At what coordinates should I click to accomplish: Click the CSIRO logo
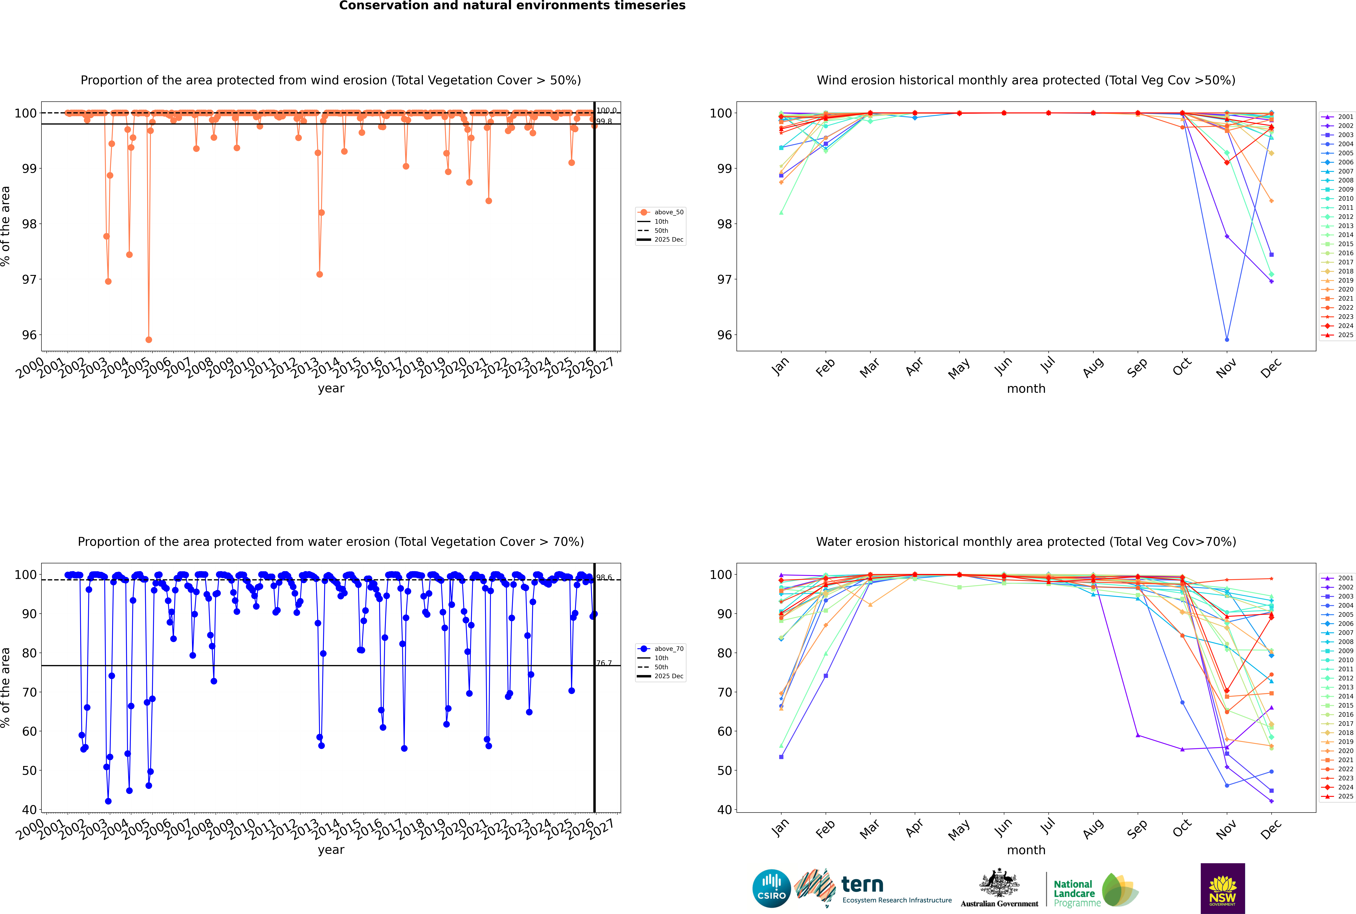point(771,889)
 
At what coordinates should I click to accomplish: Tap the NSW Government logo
point(1222,888)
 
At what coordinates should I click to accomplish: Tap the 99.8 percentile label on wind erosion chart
point(604,121)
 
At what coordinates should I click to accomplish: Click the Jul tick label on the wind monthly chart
point(1048,365)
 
